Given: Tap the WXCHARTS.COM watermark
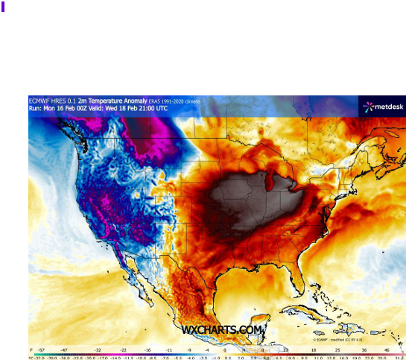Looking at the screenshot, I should click(222, 329).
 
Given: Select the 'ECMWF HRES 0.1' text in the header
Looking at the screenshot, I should click(52, 100).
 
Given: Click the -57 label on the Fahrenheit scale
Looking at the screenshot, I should click(41, 349).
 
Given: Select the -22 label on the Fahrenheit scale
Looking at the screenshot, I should click(124, 349).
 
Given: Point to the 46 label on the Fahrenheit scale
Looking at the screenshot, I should click(387, 349).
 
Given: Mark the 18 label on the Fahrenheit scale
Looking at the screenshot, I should click(314, 349).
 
